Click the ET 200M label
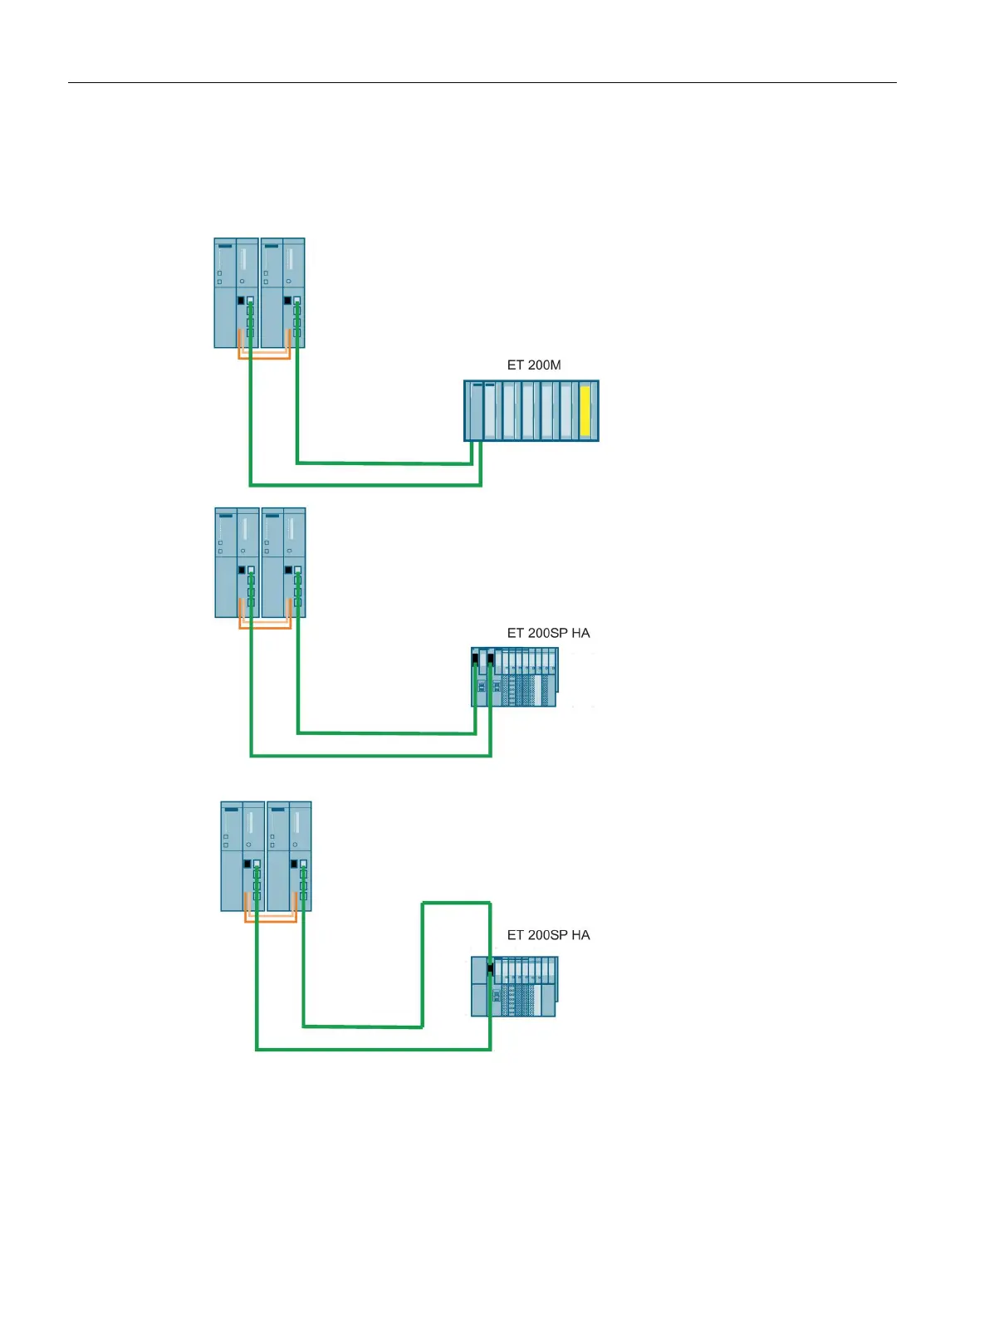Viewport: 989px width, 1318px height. coord(534,365)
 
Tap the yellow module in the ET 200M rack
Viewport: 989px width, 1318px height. coord(585,410)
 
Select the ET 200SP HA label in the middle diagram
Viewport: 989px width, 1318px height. coord(548,633)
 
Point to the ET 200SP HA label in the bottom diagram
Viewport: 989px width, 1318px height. coord(548,935)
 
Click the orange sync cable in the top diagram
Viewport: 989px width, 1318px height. coord(264,358)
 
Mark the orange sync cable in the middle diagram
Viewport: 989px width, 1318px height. coord(265,628)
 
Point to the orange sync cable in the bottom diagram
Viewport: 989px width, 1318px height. coord(271,921)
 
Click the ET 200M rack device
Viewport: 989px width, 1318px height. coord(531,410)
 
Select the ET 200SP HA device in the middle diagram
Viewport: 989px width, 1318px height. coord(515,677)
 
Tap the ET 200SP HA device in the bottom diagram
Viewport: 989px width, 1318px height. coord(515,987)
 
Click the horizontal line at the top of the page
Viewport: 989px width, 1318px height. coord(482,82)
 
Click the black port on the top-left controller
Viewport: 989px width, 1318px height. coord(241,300)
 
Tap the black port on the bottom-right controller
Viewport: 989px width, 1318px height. coord(294,865)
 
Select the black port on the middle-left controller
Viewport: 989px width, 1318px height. coord(242,571)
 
